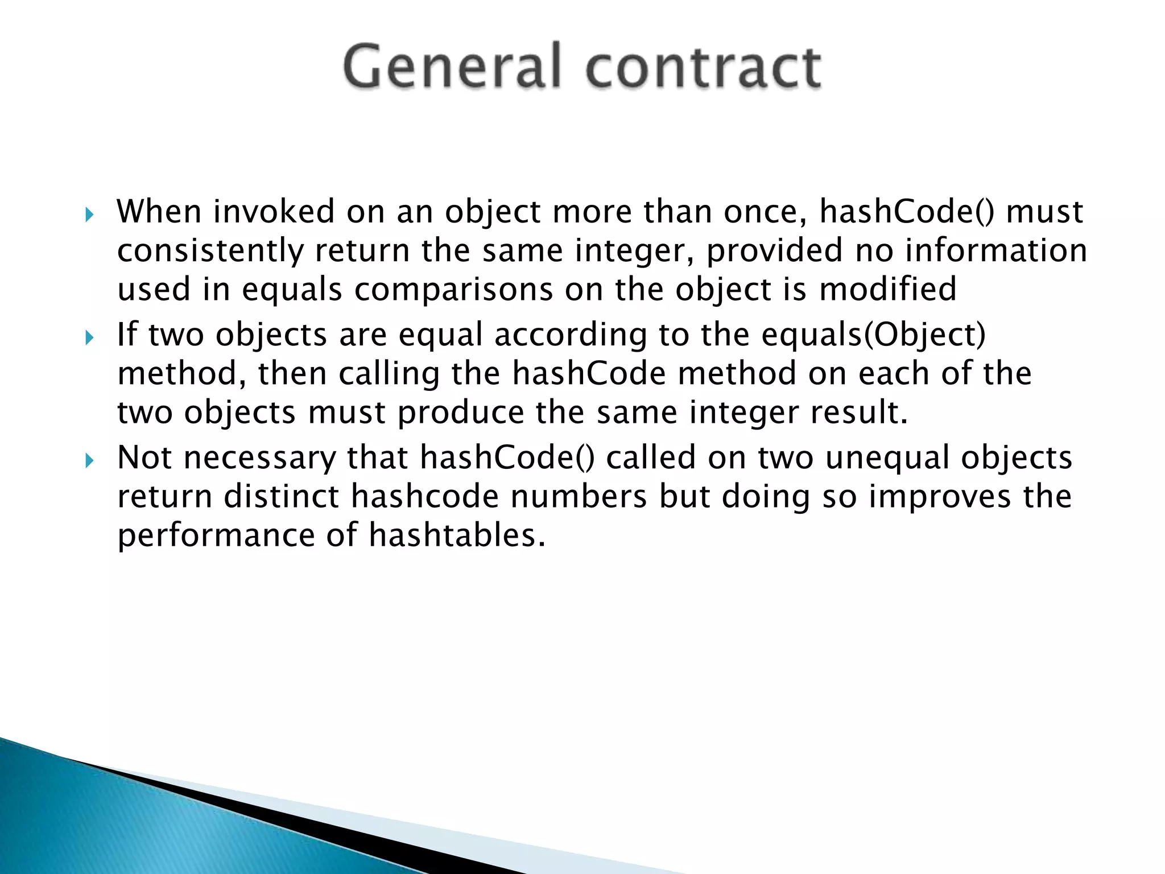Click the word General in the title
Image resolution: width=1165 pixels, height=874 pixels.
tap(452, 67)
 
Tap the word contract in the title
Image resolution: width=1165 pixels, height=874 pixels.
tap(703, 67)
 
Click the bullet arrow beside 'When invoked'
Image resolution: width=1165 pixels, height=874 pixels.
tap(89, 215)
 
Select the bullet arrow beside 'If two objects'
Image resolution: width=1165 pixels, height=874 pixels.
tap(89, 338)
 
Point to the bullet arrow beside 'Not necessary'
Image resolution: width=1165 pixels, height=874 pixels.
tap(89, 460)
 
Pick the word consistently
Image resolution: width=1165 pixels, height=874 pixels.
tap(210, 251)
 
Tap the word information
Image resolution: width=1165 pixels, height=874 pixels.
tap(995, 250)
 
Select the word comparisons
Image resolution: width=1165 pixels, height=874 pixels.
tap(453, 290)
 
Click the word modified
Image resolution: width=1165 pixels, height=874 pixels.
tap(887, 289)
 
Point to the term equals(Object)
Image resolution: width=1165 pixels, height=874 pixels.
tap(873, 335)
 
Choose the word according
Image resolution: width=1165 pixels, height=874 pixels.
tap(571, 335)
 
